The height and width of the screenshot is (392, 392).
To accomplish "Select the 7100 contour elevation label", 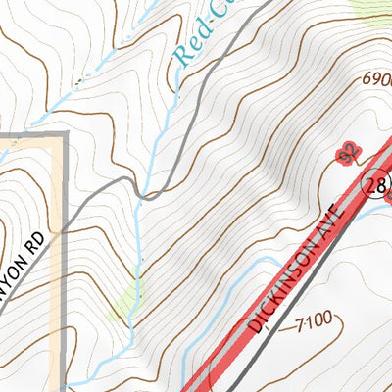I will [x=313, y=318].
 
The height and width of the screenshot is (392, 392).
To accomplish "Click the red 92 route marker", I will [x=345, y=153].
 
